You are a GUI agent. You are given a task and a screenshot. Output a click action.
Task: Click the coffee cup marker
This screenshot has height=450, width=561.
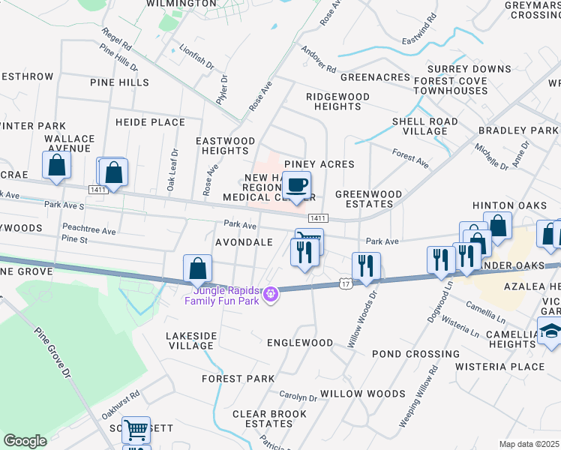[x=298, y=184]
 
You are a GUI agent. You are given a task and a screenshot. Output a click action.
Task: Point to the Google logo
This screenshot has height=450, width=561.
[x=25, y=441]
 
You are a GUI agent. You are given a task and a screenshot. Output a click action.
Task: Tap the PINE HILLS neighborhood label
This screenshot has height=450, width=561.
[x=119, y=82]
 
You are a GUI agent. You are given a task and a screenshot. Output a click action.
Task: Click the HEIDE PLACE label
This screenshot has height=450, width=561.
[x=150, y=122]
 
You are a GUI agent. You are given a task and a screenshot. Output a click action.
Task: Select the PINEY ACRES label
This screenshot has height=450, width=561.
[x=319, y=164]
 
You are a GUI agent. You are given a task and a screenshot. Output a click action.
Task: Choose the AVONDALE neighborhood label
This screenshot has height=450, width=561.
[x=244, y=243]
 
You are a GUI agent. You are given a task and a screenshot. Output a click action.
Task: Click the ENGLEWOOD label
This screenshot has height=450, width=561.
[x=300, y=343]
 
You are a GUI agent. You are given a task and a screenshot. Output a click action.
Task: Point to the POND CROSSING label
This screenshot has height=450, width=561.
[x=415, y=354]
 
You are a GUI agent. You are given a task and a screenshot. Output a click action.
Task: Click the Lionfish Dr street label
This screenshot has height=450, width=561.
[x=196, y=56]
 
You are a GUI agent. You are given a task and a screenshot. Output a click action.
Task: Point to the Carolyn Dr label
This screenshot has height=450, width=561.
[x=298, y=396]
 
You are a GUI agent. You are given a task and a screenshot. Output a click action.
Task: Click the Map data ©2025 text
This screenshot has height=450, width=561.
[x=529, y=444]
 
